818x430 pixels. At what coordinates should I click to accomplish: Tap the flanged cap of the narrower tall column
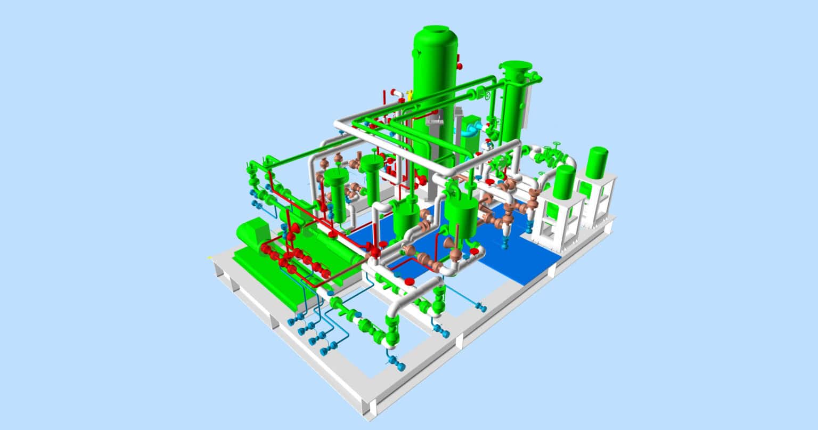click(x=515, y=67)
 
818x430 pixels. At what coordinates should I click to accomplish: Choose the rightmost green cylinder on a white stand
click(x=597, y=162)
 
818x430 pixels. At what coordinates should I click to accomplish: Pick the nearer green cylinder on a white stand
click(x=564, y=181)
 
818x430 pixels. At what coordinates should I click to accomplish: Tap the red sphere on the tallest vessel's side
click(x=460, y=66)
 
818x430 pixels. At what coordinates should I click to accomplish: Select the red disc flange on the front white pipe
click(x=409, y=281)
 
